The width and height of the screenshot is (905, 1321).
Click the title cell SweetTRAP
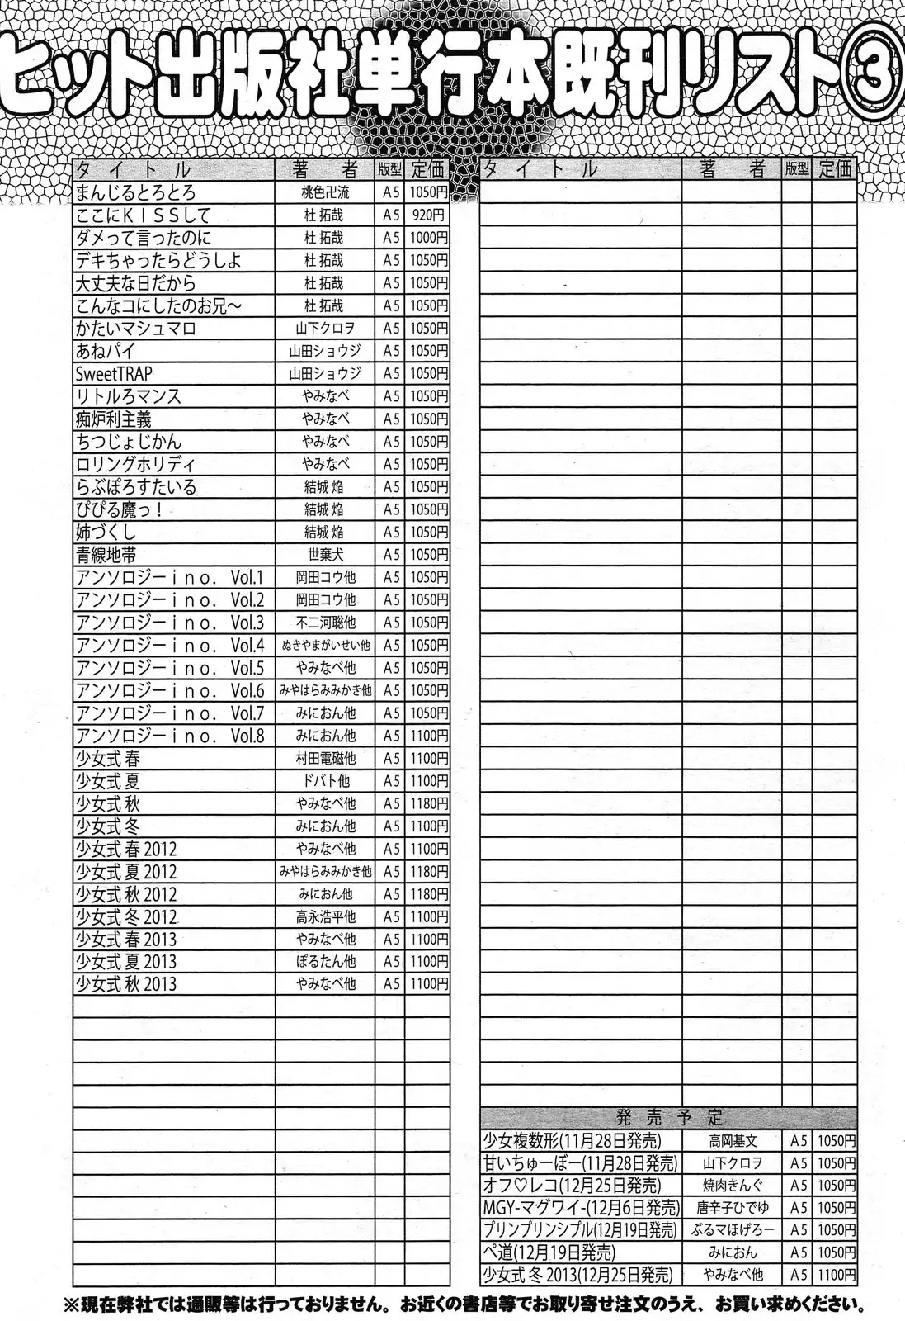tap(115, 373)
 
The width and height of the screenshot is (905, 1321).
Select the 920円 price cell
tap(427, 215)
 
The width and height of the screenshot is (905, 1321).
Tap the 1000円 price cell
tap(427, 238)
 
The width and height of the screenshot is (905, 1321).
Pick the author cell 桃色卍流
tap(325, 192)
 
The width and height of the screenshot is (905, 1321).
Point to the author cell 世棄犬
tap(325, 555)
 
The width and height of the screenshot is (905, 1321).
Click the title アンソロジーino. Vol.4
tap(170, 646)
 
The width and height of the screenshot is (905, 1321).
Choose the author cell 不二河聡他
tap(325, 623)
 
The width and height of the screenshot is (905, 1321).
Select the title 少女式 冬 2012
tap(126, 916)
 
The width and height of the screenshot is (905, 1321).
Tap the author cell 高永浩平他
tap(325, 916)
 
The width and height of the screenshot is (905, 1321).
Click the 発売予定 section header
tap(668, 1118)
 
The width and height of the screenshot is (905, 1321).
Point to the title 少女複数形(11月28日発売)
tap(571, 1141)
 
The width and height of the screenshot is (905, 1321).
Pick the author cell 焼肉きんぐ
tap(733, 1186)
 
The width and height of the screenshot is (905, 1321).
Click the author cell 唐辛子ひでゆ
tap(733, 1208)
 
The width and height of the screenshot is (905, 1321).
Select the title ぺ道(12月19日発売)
tap(549, 1252)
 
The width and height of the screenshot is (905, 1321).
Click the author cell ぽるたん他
tap(325, 961)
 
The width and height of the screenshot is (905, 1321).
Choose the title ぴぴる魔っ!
tap(120, 509)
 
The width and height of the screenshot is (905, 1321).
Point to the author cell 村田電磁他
tap(325, 758)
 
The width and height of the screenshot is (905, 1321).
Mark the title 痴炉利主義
tap(114, 419)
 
